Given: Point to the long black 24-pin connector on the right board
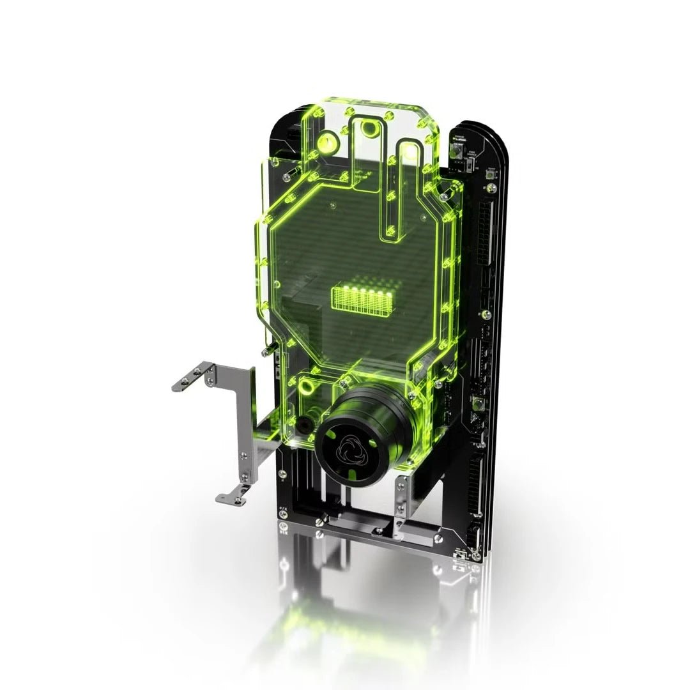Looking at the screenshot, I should (485, 233).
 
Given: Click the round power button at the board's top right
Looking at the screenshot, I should (457, 152).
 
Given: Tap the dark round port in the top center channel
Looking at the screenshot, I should (369, 130).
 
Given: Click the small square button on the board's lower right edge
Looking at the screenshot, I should (477, 403).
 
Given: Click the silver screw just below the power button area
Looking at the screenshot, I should (491, 188).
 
